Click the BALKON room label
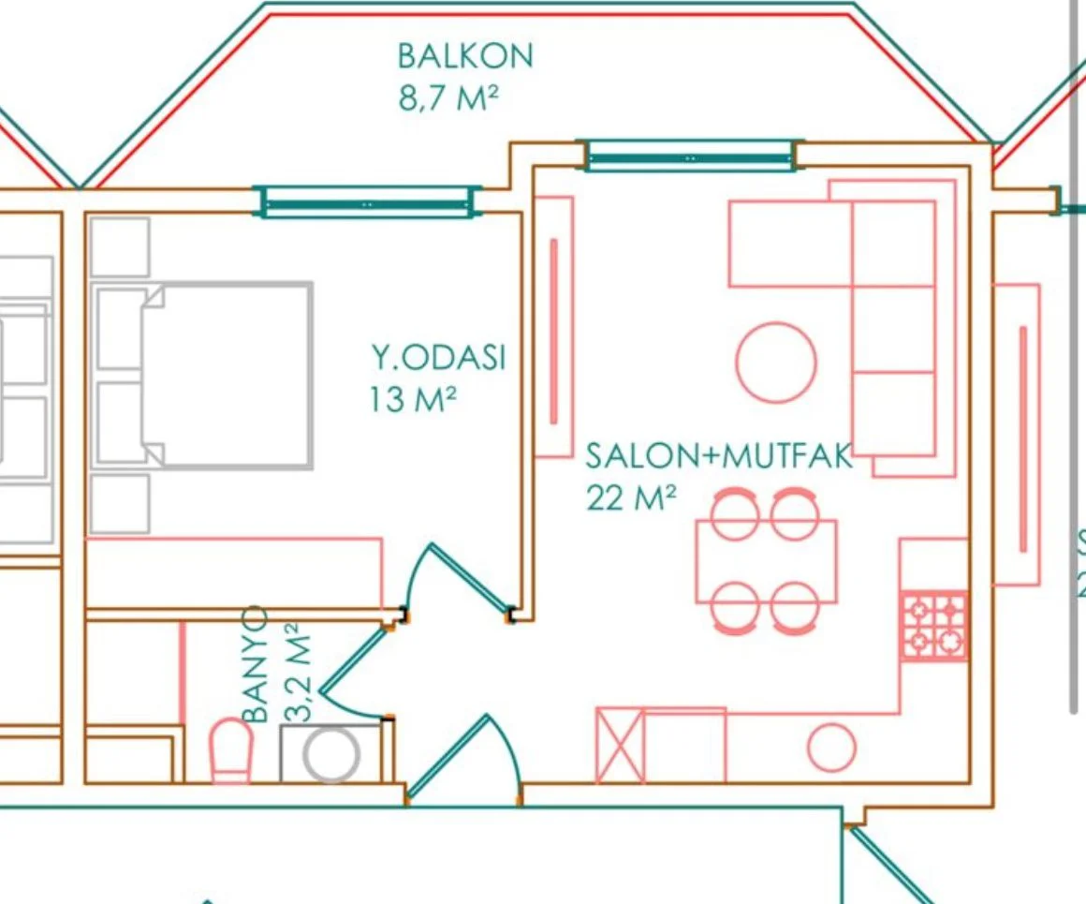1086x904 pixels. pyautogui.click(x=464, y=56)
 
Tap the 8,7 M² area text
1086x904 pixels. pyautogui.click(x=448, y=97)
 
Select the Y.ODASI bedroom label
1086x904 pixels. pyautogui.click(x=439, y=357)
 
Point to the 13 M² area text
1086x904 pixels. pyautogui.click(x=413, y=399)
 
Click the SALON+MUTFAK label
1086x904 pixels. pyautogui.click(x=719, y=456)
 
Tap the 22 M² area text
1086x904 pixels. pyautogui.click(x=631, y=497)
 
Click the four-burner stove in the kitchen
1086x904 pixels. pyautogui.click(x=933, y=626)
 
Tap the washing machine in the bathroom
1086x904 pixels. pyautogui.click(x=331, y=753)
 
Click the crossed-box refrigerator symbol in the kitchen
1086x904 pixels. pyautogui.click(x=621, y=746)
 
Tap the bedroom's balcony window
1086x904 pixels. pyautogui.click(x=368, y=202)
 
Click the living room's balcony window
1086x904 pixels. pyautogui.click(x=691, y=156)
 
